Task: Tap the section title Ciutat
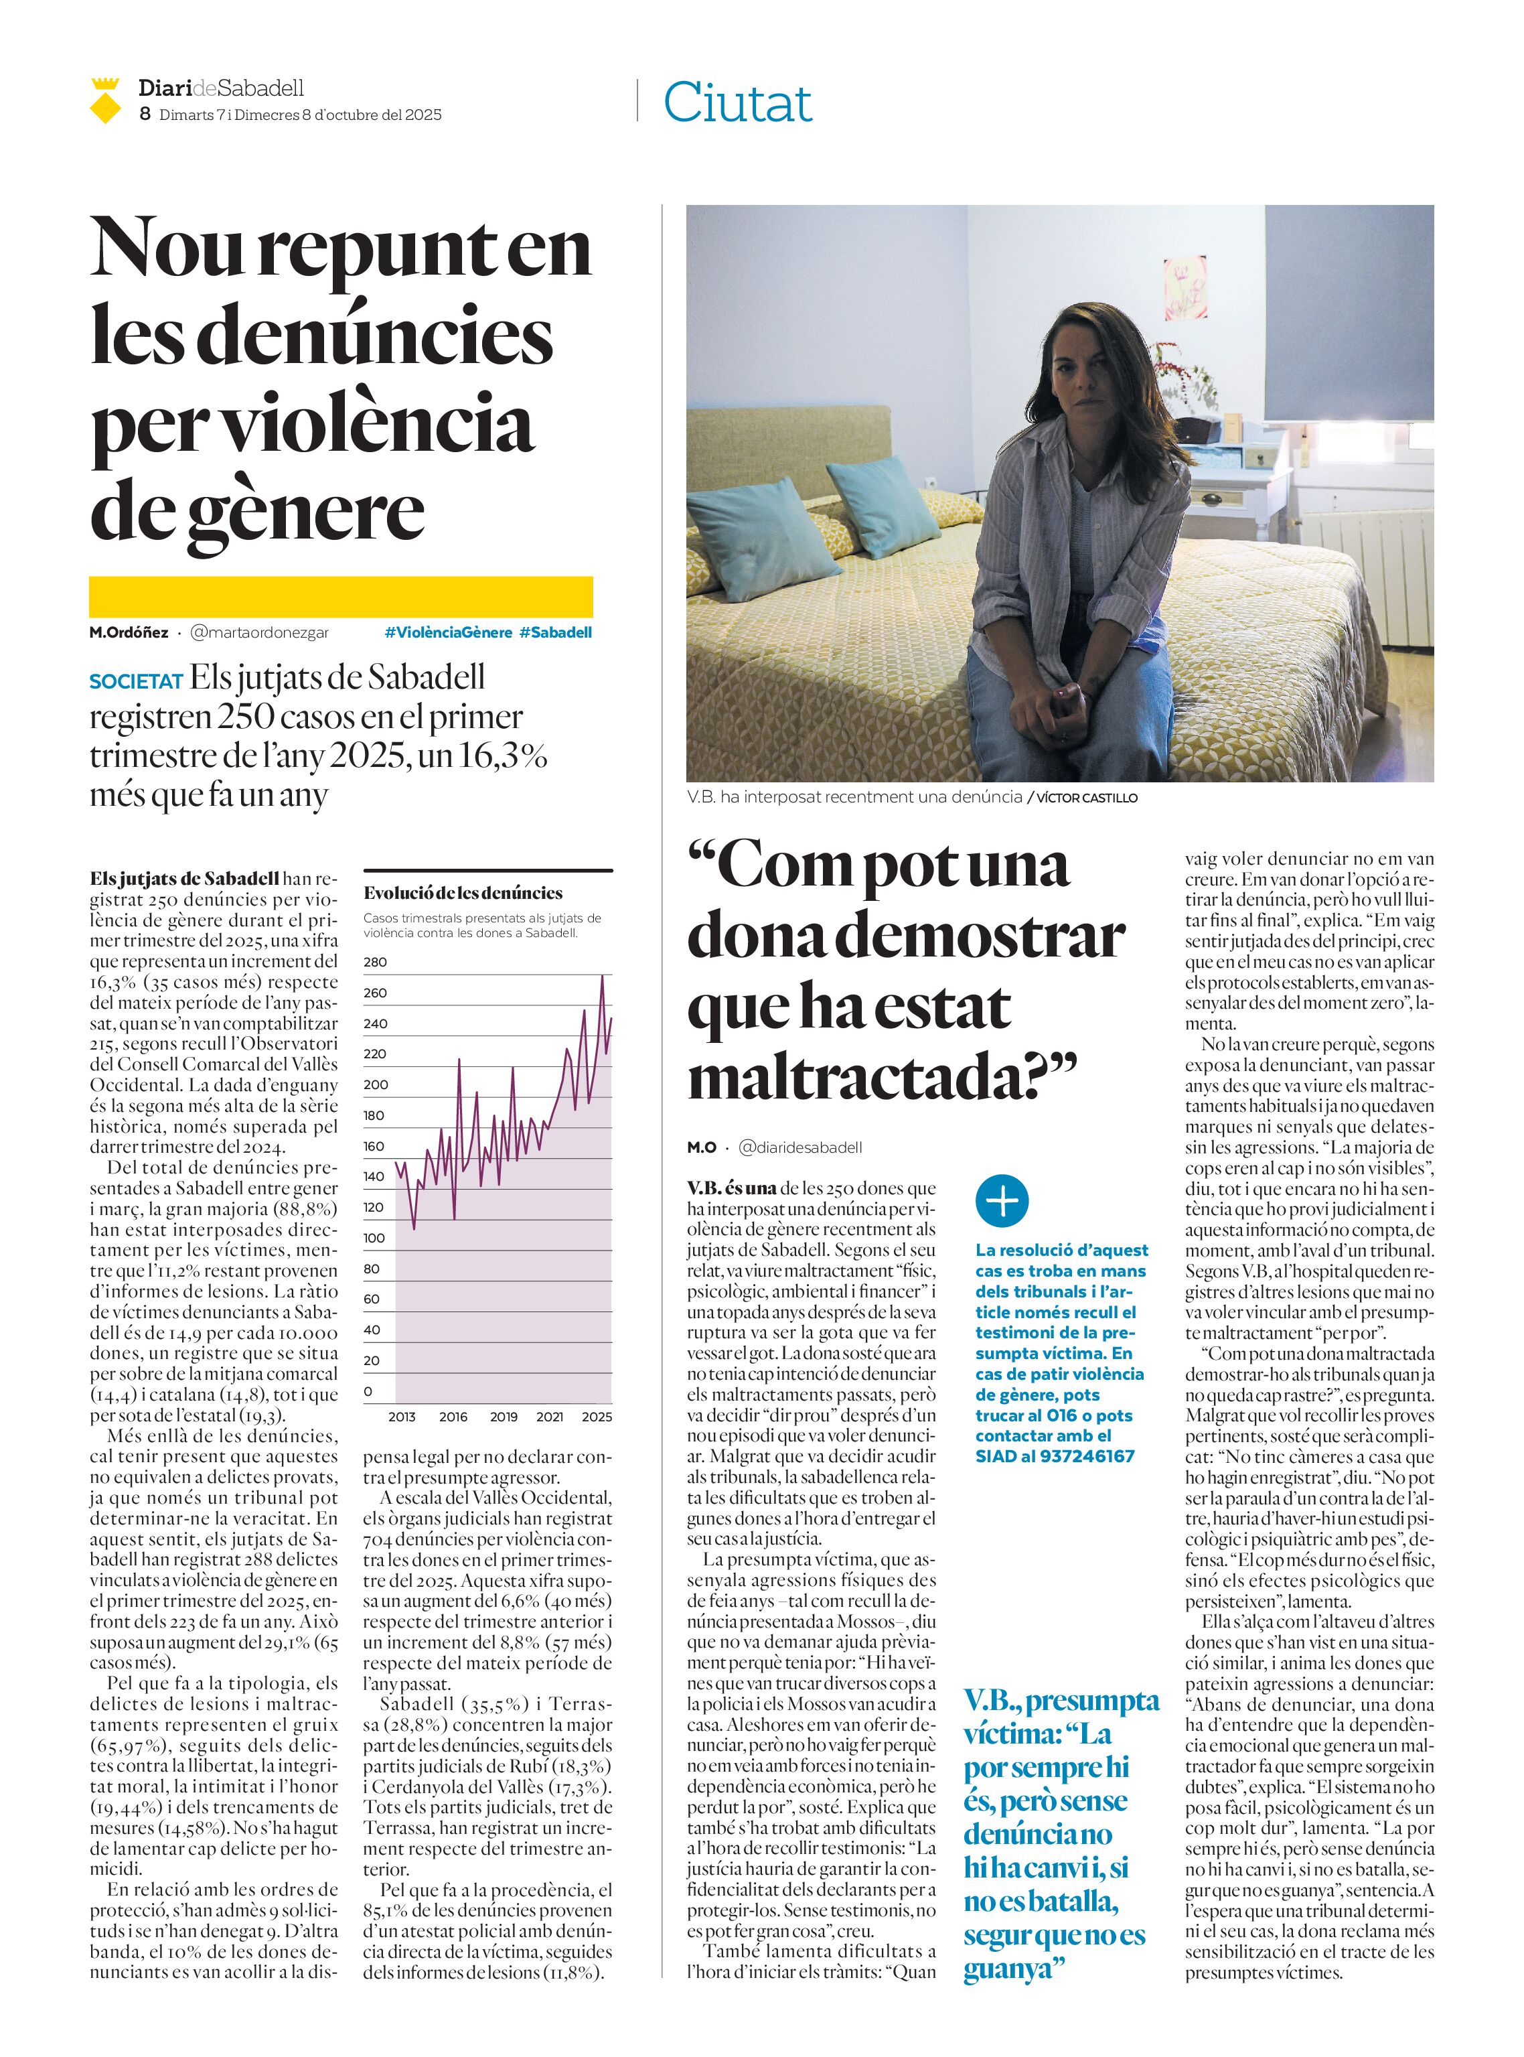click(x=737, y=102)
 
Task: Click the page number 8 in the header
click(x=145, y=115)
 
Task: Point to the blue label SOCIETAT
click(x=136, y=682)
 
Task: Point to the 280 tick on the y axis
click(x=376, y=962)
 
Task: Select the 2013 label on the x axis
click(x=401, y=1417)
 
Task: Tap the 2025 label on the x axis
click(x=597, y=1417)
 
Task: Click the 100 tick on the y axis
click(x=374, y=1238)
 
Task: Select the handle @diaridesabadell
click(x=801, y=1147)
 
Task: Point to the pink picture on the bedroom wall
click(x=1185, y=289)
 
